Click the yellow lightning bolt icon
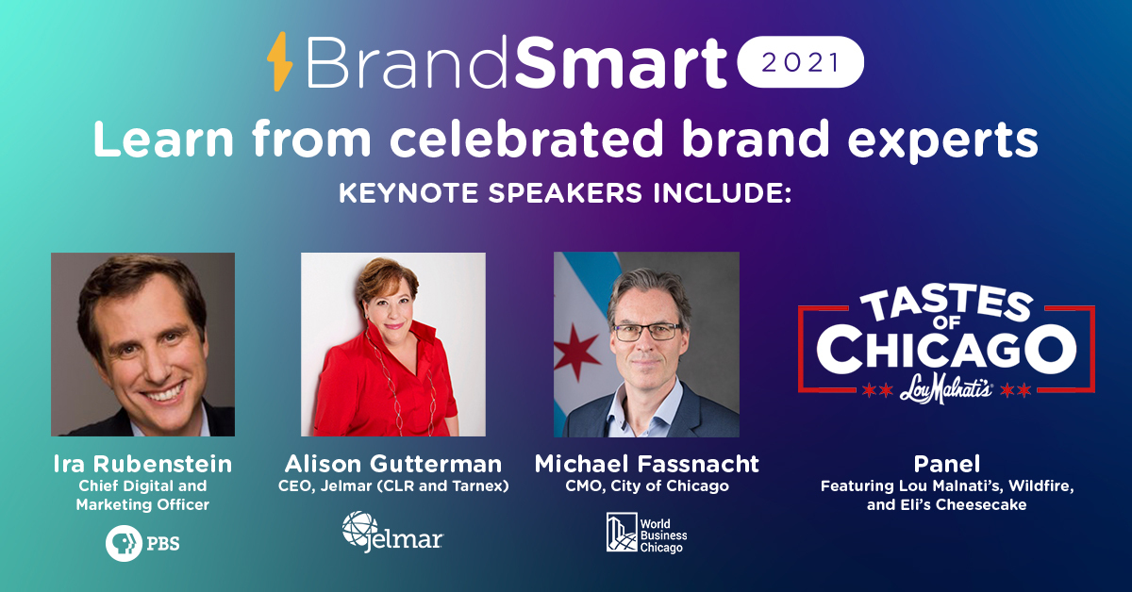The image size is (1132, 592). (x=279, y=61)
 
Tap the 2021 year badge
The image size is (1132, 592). (x=801, y=62)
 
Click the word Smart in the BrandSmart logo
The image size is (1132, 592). (x=621, y=63)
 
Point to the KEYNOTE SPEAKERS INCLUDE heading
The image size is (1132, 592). (x=564, y=193)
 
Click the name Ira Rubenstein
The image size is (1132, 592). (x=142, y=464)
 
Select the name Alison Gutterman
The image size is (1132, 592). (x=393, y=464)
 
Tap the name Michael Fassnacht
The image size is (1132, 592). (x=647, y=464)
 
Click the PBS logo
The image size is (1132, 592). (x=142, y=544)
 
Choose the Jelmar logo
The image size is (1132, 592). (x=392, y=533)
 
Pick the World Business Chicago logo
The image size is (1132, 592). (x=647, y=534)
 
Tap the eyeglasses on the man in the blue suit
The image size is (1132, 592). (x=648, y=333)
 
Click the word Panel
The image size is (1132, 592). (x=946, y=464)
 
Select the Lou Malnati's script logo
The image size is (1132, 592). (x=945, y=389)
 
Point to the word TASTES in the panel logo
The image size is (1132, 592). (x=946, y=305)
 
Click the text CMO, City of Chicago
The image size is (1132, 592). (x=647, y=485)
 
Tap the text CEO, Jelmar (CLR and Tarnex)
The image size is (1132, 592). (x=393, y=485)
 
